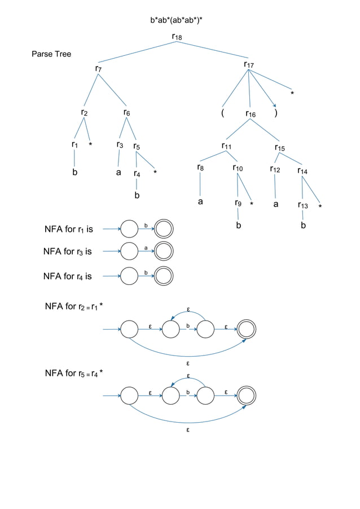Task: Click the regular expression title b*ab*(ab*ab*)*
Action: coord(176,21)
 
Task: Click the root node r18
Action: coord(177,37)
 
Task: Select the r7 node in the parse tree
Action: coord(98,69)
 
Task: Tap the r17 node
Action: coord(249,65)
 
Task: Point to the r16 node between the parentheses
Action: coord(250,114)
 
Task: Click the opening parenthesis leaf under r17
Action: coord(223,113)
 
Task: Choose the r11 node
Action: coord(226,147)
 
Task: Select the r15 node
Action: coord(280,148)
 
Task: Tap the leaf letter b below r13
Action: coord(304,225)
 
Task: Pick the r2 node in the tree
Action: coord(84,112)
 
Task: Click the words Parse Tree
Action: coord(51,54)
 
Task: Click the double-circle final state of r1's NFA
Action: coord(164,229)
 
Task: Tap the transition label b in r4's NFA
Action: coord(146,273)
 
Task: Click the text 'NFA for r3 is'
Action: coord(67,252)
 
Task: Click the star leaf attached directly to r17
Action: coord(292,93)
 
